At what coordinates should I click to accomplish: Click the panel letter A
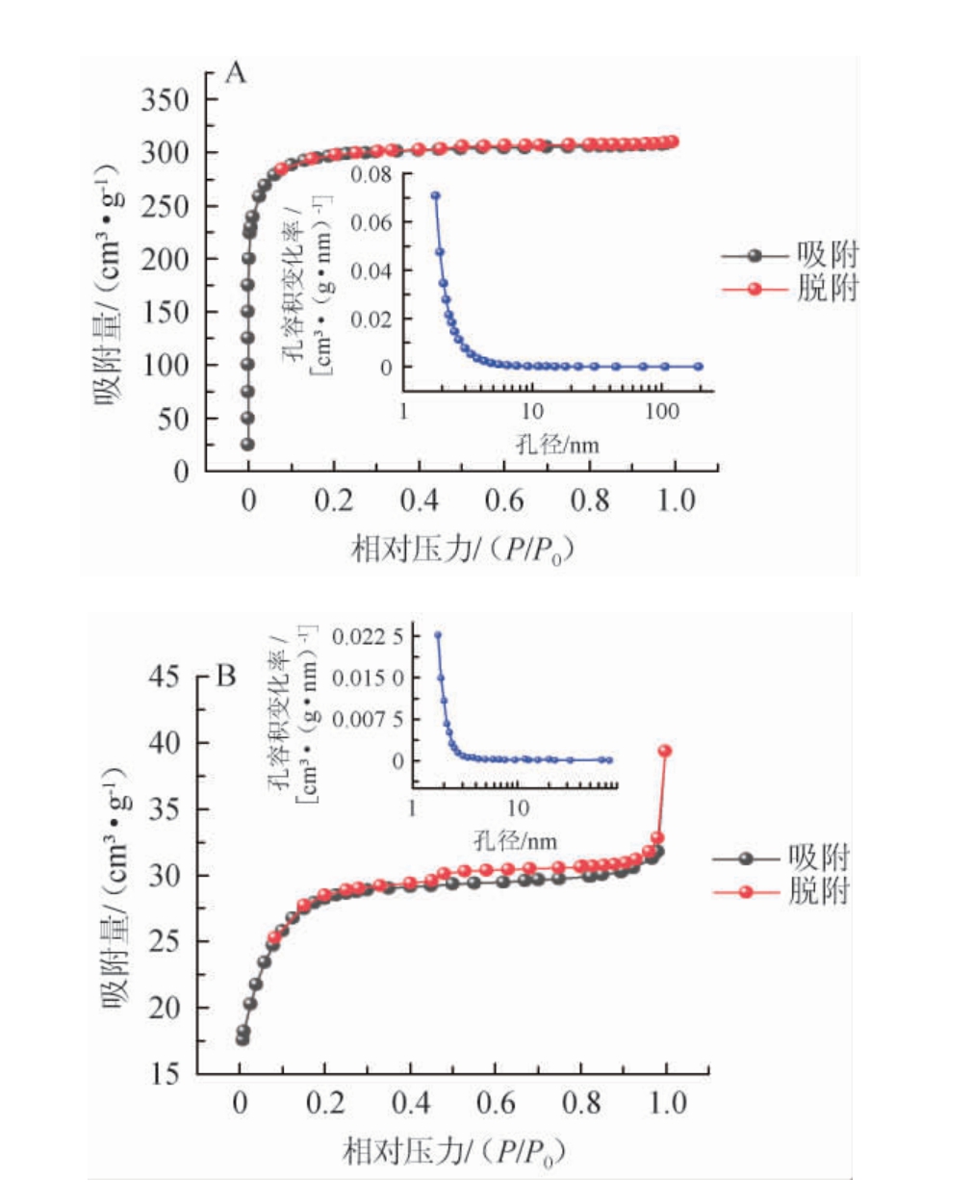click(x=236, y=73)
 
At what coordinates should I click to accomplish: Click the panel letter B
click(x=225, y=676)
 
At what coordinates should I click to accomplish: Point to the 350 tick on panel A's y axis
click(x=165, y=99)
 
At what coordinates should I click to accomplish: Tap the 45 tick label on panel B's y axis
click(x=165, y=677)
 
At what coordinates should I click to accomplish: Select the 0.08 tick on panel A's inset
click(x=371, y=174)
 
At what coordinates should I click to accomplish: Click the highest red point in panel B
click(x=664, y=751)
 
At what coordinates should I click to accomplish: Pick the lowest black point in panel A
click(x=248, y=444)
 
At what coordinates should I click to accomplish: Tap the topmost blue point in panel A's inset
click(x=435, y=195)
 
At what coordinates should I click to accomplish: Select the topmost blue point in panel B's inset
click(x=438, y=635)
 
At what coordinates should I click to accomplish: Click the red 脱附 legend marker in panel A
click(x=755, y=289)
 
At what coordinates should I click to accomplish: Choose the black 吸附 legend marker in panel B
click(x=746, y=858)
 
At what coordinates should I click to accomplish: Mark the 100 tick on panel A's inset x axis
click(x=661, y=411)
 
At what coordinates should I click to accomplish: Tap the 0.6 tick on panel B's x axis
click(x=497, y=1102)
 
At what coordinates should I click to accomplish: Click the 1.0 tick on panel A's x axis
click(x=675, y=500)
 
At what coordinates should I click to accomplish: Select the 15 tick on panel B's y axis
click(x=165, y=1074)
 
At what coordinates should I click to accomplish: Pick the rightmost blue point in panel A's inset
click(x=699, y=367)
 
